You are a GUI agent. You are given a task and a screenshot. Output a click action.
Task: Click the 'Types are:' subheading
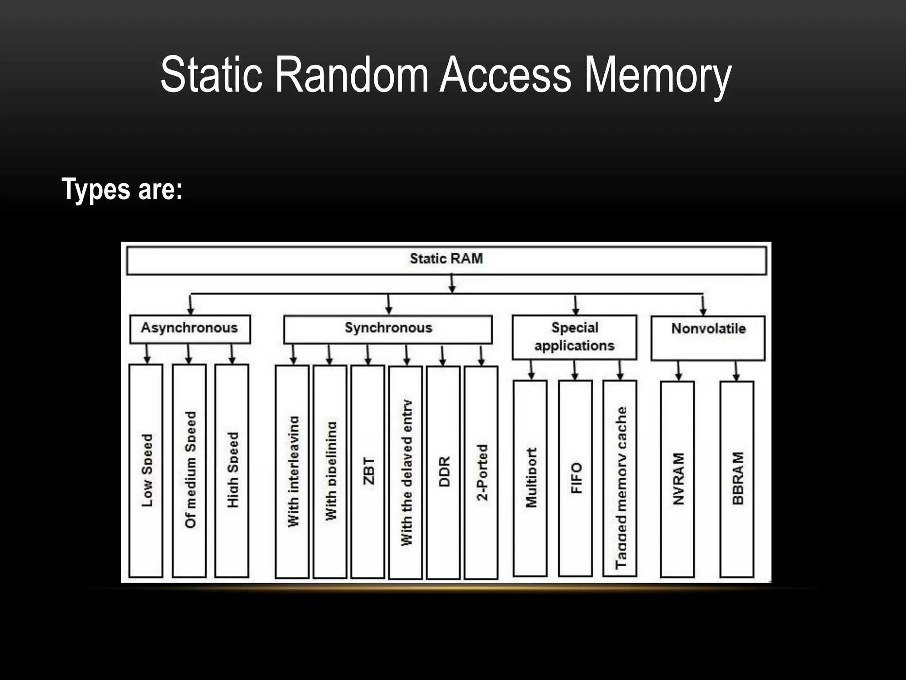click(x=122, y=189)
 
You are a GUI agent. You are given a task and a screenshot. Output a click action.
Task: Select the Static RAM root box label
click(x=446, y=259)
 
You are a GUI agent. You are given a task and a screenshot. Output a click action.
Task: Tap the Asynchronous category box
click(x=190, y=328)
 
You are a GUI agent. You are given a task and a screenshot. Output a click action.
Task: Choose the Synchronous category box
click(x=388, y=328)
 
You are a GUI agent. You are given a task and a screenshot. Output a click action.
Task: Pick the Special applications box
click(x=574, y=337)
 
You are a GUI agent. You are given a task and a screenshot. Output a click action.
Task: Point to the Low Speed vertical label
click(x=147, y=470)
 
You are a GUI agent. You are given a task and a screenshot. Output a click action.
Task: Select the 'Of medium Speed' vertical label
click(x=190, y=470)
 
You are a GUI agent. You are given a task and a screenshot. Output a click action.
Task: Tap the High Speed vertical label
click(x=233, y=470)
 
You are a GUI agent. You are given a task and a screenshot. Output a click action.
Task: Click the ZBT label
click(x=368, y=471)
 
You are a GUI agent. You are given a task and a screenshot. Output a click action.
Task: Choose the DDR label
click(x=444, y=471)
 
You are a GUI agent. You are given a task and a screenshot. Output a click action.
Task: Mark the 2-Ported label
click(x=482, y=472)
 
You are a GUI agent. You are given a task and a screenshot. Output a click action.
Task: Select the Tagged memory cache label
click(x=621, y=487)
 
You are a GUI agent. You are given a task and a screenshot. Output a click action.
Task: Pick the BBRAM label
click(x=737, y=478)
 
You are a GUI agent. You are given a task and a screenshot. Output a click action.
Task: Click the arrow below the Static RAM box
click(x=452, y=283)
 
